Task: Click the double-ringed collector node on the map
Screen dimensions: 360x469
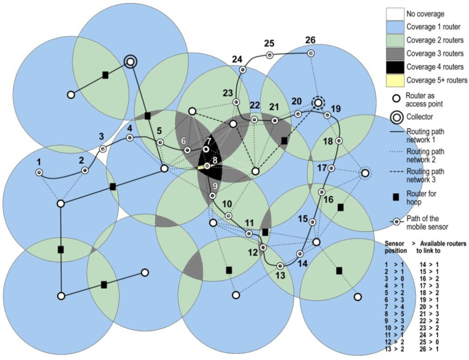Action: pos(130,61)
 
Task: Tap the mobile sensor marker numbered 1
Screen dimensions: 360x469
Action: pos(39,173)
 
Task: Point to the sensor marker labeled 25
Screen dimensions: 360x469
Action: pos(270,55)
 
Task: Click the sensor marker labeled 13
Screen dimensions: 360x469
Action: pos(280,266)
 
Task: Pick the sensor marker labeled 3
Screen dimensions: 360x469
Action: pos(103,149)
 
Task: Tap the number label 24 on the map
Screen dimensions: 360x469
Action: pos(237,60)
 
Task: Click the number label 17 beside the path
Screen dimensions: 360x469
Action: pos(322,168)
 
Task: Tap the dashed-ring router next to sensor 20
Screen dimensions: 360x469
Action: pos(318,102)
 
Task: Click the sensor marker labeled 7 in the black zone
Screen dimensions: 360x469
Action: pos(206,149)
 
